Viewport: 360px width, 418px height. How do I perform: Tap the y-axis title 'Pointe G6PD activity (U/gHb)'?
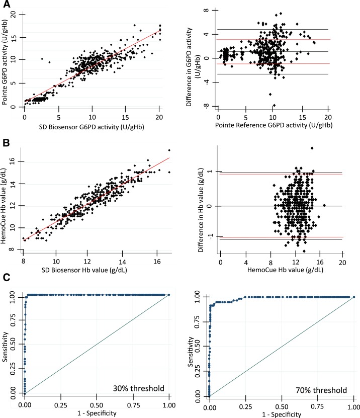(6, 60)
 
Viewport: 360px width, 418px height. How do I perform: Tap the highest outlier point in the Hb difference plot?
(312, 148)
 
